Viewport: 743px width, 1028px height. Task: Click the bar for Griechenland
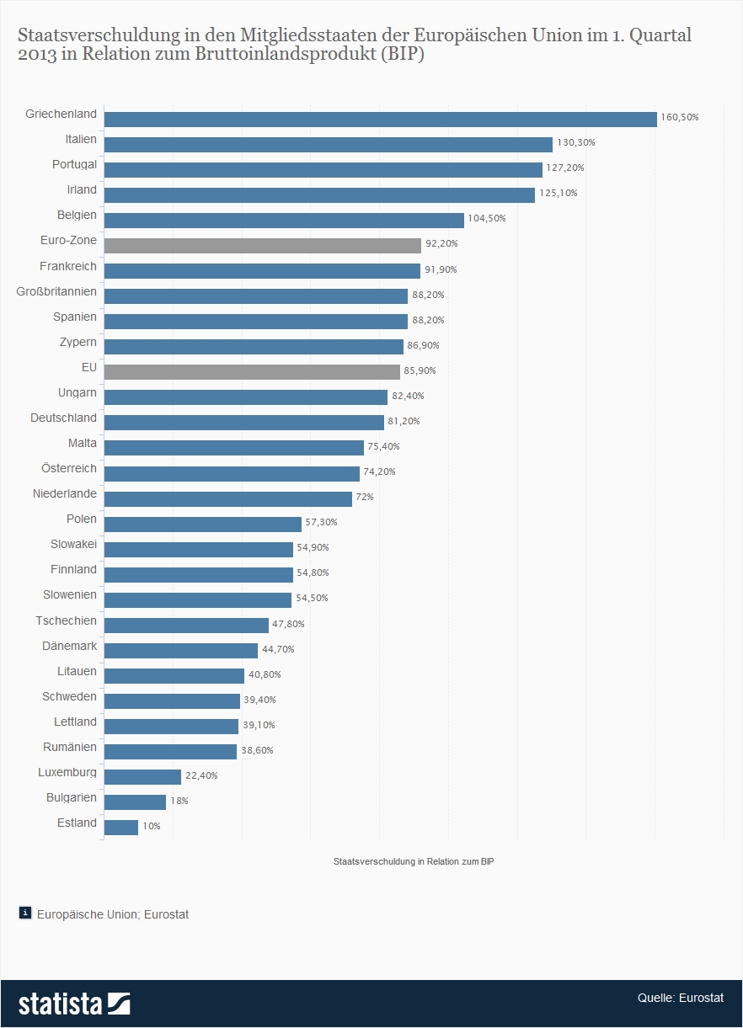[x=379, y=119]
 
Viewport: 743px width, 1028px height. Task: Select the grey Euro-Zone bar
[x=262, y=245]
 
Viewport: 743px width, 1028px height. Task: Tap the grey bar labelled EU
[x=251, y=371]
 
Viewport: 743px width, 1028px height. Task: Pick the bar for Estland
[x=120, y=827]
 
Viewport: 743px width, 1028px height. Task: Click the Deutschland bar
[x=243, y=422]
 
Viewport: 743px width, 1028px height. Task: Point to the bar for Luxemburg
[x=142, y=776]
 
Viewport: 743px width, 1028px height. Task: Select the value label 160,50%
[x=680, y=117]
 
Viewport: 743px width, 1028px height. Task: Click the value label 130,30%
[x=575, y=142]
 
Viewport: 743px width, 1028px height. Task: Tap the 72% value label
[x=365, y=497]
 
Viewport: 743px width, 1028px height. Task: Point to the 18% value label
[x=179, y=801]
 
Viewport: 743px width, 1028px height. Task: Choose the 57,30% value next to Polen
[x=321, y=522]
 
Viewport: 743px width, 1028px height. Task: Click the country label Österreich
[x=69, y=468]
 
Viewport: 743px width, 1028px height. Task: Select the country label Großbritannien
[x=56, y=291]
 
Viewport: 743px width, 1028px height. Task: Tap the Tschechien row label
[x=66, y=621]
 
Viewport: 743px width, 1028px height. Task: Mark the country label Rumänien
[x=70, y=747]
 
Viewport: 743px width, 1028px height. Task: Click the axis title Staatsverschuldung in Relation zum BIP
[x=413, y=861]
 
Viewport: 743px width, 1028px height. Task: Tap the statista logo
[x=74, y=1004]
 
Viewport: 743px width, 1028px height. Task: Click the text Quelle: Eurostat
[x=680, y=998]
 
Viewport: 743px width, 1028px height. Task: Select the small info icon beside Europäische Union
[x=25, y=913]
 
